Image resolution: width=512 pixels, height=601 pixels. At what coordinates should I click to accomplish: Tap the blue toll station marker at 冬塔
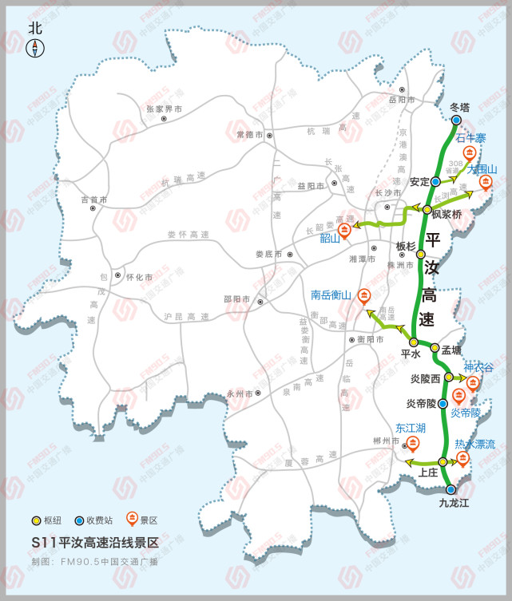[x=456, y=121]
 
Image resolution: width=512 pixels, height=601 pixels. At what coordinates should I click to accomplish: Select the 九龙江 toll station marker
[x=450, y=489]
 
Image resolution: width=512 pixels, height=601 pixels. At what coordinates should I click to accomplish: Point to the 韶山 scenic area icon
[x=344, y=229]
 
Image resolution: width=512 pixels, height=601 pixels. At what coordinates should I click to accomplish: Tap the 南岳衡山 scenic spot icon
[x=364, y=295]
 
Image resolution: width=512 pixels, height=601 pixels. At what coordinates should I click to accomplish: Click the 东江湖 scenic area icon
[x=413, y=443]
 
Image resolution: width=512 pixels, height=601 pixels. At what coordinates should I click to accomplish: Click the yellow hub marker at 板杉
[x=421, y=255]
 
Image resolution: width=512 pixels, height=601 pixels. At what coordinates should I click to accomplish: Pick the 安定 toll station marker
[x=435, y=182]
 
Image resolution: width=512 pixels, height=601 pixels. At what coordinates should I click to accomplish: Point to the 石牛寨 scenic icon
[x=470, y=152]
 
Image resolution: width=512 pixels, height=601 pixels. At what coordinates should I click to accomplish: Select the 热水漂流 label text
[x=475, y=444]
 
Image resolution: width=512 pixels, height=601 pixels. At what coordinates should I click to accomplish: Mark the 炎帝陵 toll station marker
[x=442, y=404]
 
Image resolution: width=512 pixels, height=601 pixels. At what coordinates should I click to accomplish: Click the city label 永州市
[x=239, y=394]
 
